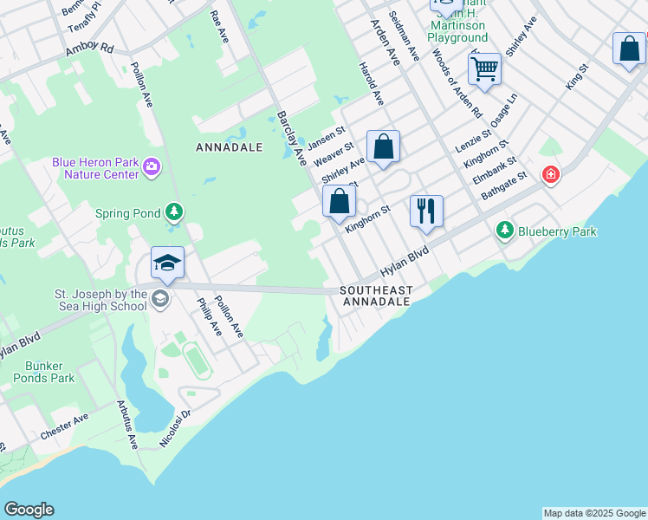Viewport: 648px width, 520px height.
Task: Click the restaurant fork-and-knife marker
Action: (426, 211)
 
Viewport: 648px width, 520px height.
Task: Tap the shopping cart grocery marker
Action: (484, 68)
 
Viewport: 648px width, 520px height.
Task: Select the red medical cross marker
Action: (550, 175)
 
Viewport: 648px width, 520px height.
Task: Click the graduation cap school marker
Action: (167, 263)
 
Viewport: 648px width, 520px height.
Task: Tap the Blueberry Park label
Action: (557, 231)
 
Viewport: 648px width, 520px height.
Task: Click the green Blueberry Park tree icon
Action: (505, 231)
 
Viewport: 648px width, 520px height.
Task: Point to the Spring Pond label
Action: (129, 212)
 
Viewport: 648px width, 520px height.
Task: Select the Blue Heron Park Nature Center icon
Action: (152, 166)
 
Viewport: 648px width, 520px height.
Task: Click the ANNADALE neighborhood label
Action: (230, 147)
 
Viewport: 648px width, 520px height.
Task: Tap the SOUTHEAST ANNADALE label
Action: (376, 296)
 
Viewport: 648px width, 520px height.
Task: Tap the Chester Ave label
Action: (64, 427)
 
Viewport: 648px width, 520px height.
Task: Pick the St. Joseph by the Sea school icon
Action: (159, 300)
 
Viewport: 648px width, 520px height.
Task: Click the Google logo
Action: (29, 510)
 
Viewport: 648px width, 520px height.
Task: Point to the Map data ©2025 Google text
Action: (594, 513)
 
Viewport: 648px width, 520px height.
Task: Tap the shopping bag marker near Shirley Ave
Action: (383, 146)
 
